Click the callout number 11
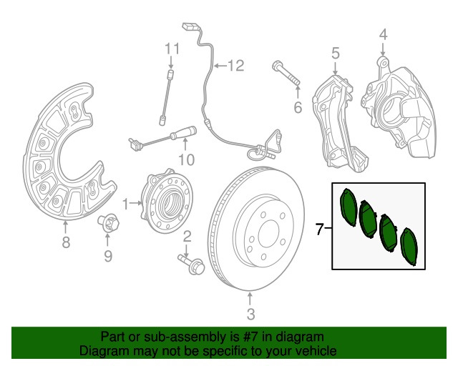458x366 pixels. [x=170, y=49]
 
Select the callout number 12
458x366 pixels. [x=235, y=66]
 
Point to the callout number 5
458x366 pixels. [x=334, y=52]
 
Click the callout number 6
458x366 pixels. [x=298, y=109]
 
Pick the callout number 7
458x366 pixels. [x=320, y=229]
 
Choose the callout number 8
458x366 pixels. [x=66, y=243]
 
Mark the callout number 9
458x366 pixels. [x=108, y=255]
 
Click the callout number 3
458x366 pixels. [x=250, y=314]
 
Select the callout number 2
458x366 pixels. [x=187, y=237]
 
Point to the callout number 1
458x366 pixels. [x=126, y=204]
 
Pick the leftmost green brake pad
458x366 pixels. [x=350, y=208]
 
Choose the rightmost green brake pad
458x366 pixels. [x=410, y=247]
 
